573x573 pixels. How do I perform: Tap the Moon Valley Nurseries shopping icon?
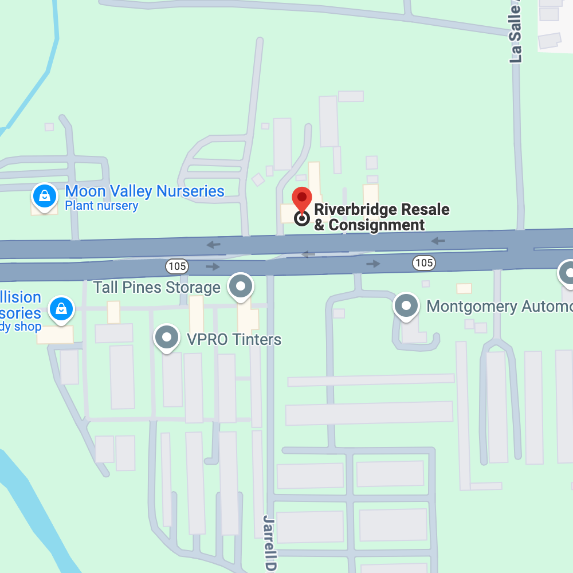click(44, 195)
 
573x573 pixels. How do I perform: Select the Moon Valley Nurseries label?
click(144, 191)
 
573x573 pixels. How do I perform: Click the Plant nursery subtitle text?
click(101, 206)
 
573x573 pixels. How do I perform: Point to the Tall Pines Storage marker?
click(241, 286)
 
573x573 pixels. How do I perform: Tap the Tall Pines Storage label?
click(156, 287)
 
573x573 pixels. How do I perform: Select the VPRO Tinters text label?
click(234, 339)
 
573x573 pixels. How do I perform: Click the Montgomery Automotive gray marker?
click(406, 305)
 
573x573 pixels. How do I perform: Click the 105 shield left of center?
click(176, 266)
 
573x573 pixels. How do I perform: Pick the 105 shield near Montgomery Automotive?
click(423, 263)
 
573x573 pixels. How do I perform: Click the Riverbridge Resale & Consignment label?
click(381, 217)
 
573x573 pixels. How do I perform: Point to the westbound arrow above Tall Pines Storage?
click(213, 245)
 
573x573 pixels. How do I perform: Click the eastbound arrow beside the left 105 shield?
click(213, 266)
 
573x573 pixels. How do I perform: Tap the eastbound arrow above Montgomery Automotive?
click(373, 264)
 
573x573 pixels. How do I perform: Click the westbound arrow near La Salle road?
click(438, 241)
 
